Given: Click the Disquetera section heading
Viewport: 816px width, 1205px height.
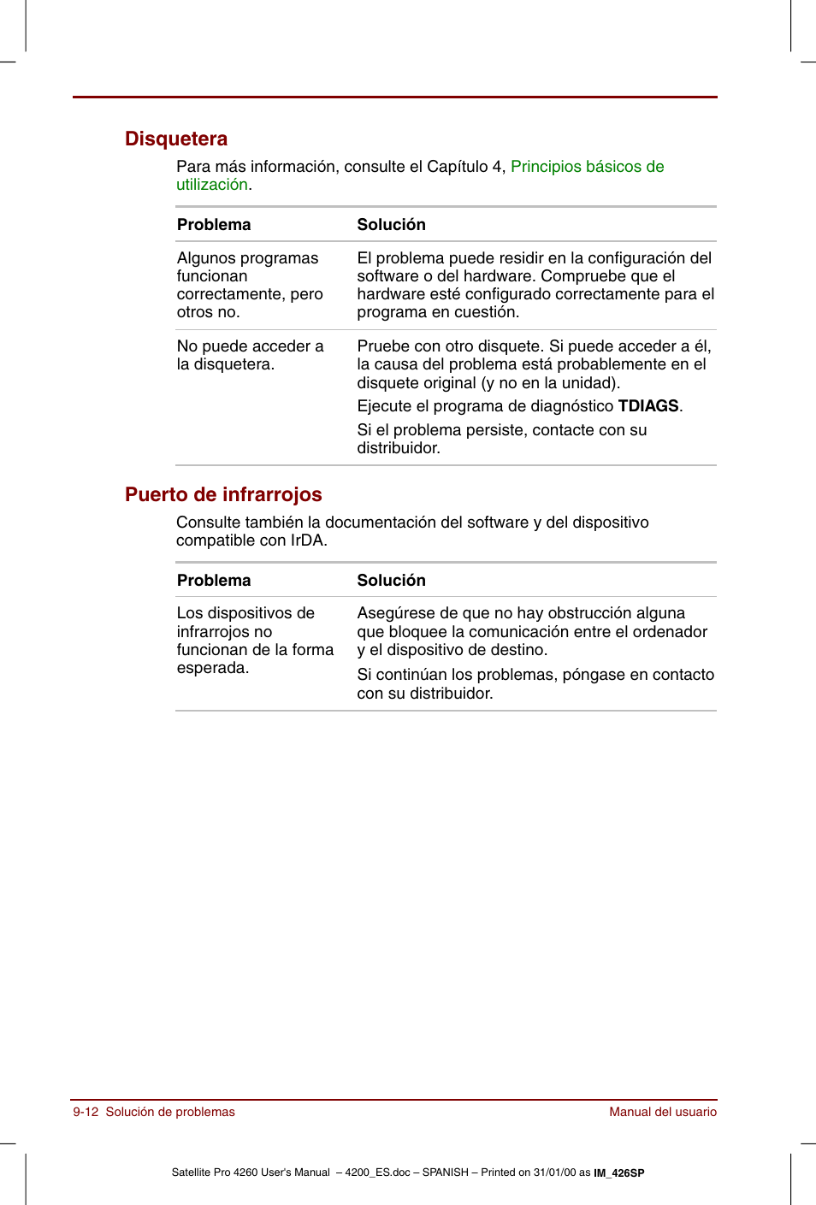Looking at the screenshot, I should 176,139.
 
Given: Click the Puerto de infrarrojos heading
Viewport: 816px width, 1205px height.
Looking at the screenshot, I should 223,494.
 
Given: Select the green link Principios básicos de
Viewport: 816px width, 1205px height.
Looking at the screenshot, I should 587,167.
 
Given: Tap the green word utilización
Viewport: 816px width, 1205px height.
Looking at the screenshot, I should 211,185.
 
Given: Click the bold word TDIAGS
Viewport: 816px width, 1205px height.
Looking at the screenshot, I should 648,406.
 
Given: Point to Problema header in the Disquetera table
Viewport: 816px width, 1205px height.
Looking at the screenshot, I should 214,225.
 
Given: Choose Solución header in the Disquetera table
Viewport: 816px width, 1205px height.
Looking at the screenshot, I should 391,225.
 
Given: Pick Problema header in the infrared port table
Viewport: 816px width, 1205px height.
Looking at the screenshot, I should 214,581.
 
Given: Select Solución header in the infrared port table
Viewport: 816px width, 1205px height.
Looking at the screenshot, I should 391,581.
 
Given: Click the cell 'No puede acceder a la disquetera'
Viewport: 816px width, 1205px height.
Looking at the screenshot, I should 250,355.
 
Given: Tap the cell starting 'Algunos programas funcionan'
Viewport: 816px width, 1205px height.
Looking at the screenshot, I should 250,285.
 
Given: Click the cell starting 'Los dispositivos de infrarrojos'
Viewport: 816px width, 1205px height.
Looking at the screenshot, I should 254,641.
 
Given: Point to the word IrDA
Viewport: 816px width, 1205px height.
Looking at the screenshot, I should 307,540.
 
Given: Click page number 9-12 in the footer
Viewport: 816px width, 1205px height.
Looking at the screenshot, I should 86,1112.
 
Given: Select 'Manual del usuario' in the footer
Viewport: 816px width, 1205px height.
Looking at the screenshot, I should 663,1112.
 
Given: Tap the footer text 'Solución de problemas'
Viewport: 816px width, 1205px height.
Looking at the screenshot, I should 170,1112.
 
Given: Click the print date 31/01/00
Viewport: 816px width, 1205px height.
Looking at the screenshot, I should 554,1173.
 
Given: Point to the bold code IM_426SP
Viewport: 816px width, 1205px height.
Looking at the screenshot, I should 619,1173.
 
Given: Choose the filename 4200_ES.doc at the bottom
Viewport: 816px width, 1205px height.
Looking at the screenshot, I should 377,1173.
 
